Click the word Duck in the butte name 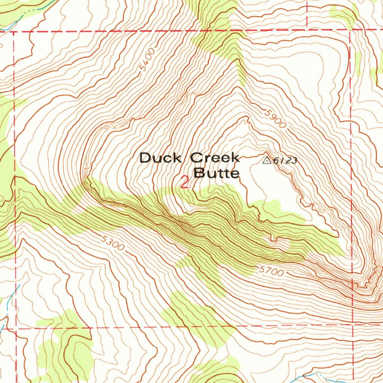click(x=160, y=158)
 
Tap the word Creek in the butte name click(x=215, y=158)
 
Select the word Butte click(x=216, y=174)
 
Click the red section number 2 click(x=184, y=183)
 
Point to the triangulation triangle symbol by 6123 click(x=267, y=160)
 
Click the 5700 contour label click(x=271, y=272)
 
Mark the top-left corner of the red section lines click(x=14, y=32)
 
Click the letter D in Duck click(x=145, y=158)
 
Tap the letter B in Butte click(x=198, y=174)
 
